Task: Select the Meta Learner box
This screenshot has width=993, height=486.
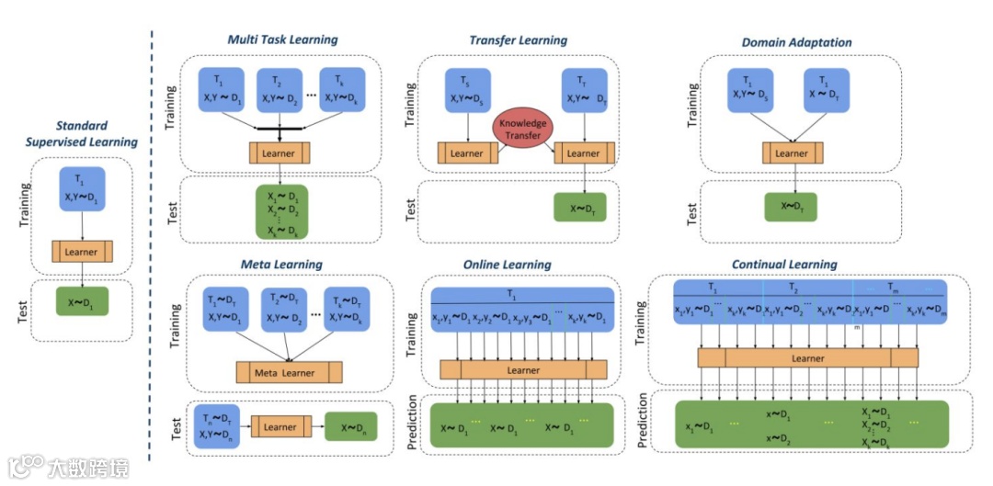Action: pos(289,372)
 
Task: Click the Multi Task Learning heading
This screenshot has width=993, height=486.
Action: pos(283,40)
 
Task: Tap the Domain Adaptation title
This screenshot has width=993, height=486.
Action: pos(796,41)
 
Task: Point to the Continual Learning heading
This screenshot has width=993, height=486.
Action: pos(784,265)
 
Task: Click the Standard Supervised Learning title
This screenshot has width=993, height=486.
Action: pos(83,133)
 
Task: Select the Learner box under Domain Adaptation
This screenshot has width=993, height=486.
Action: pos(791,153)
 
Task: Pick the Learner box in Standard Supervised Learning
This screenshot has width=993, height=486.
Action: pos(83,251)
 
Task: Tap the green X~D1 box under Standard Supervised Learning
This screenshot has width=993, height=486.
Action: pos(83,302)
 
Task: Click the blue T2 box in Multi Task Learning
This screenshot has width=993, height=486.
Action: pos(280,89)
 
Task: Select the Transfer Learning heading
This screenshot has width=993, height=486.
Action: pos(518,40)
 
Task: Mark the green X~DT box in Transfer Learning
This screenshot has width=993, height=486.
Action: pos(579,208)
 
